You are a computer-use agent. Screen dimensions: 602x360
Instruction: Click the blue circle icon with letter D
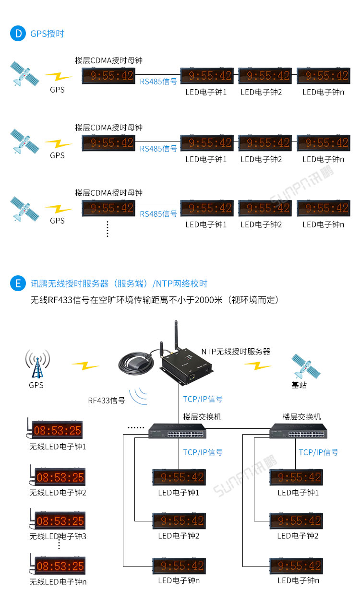point(18,34)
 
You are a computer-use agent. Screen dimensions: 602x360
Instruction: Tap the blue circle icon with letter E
point(18,283)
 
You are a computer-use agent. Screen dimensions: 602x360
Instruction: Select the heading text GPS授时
point(47,34)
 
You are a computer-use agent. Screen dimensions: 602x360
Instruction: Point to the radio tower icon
point(37,365)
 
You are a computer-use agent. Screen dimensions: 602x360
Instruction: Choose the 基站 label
point(299,385)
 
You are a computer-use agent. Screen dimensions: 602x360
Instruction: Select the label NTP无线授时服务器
point(236,352)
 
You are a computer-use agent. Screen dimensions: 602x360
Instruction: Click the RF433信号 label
point(106,400)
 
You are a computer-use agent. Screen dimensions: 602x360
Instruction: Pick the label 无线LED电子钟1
point(58,446)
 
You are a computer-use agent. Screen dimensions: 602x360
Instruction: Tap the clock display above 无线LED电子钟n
point(59,566)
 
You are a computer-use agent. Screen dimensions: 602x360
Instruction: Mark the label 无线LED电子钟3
point(58,536)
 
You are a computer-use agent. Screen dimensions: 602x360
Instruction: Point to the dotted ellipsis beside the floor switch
point(135,427)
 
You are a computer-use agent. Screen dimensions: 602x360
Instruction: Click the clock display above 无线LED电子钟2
point(59,477)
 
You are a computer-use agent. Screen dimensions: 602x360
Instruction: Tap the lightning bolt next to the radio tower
point(85,366)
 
